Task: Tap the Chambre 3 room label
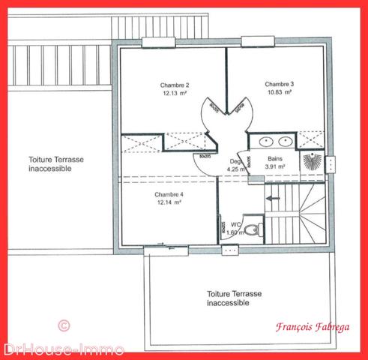(279, 83)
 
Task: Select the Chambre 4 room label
(169, 194)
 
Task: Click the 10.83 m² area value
(279, 92)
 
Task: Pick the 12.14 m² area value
(169, 202)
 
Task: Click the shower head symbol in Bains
(311, 162)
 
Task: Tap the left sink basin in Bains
(266, 141)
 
